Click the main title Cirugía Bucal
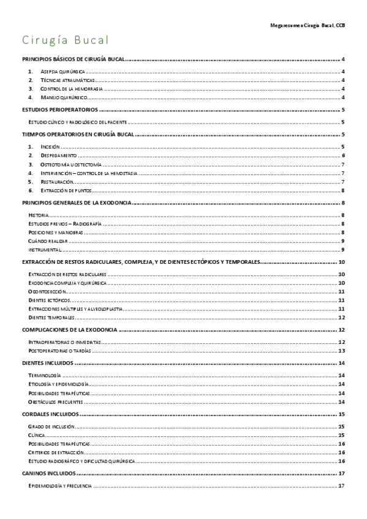[66, 41]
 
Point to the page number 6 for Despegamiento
[343, 156]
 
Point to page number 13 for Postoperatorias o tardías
[342, 351]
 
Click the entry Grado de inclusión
[53, 426]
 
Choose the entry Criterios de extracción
[56, 452]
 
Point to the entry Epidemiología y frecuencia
[60, 486]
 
